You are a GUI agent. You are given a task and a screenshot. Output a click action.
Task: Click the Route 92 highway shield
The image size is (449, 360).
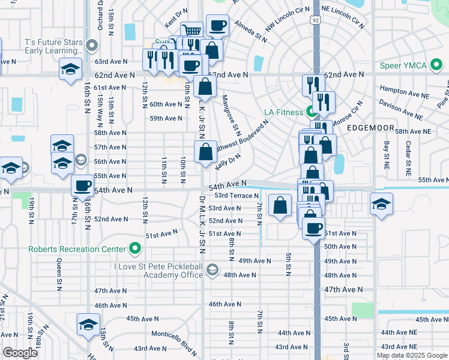click(316, 20)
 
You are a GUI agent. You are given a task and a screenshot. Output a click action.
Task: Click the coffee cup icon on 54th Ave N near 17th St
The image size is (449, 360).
click(83, 185)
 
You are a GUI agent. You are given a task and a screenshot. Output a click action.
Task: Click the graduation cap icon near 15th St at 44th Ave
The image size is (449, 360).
click(88, 325)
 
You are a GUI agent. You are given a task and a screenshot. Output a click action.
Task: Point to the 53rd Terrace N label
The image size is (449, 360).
click(236, 196)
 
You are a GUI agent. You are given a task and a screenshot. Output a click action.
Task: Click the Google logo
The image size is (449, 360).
click(20, 353)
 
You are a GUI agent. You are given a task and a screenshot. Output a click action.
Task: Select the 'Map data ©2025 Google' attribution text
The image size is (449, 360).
click(411, 355)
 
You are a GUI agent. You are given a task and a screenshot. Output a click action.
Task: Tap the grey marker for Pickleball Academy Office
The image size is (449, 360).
click(211, 271)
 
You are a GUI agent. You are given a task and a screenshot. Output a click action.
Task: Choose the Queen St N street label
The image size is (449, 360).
click(59, 271)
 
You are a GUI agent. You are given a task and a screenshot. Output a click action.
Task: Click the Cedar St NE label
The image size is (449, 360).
click(408, 157)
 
